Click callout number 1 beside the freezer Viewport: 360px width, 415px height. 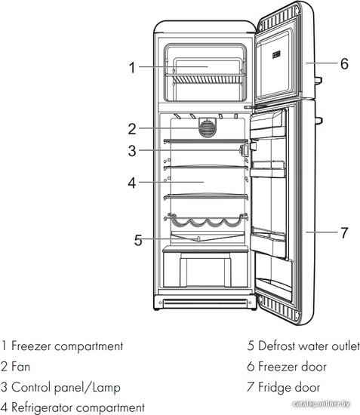tap(132, 67)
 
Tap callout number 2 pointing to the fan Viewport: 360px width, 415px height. tap(132, 129)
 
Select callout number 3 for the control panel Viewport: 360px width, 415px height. tap(132, 151)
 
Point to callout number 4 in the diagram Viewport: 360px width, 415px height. tap(132, 183)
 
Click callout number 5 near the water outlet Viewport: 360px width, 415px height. tap(138, 240)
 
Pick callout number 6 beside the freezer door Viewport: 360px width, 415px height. tap(344, 63)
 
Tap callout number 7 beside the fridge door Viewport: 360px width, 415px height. tap(344, 232)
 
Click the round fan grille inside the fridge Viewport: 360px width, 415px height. tap(208, 128)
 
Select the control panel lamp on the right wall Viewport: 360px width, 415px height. tap(245, 150)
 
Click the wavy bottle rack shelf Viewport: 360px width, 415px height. tap(206, 220)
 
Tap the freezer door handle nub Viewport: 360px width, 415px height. tap(318, 81)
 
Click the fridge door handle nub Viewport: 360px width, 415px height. tap(318, 121)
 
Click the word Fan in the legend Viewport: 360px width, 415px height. tap(20, 367)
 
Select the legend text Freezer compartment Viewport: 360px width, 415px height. tap(67, 346)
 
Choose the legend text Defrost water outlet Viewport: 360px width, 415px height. tap(309, 346)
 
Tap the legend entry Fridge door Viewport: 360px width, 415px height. tap(289, 387)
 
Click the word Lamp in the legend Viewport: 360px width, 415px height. tap(106, 388)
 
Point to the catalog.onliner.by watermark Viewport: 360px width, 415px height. tap(322, 404)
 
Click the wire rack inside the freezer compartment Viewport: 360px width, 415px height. tap(205, 79)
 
